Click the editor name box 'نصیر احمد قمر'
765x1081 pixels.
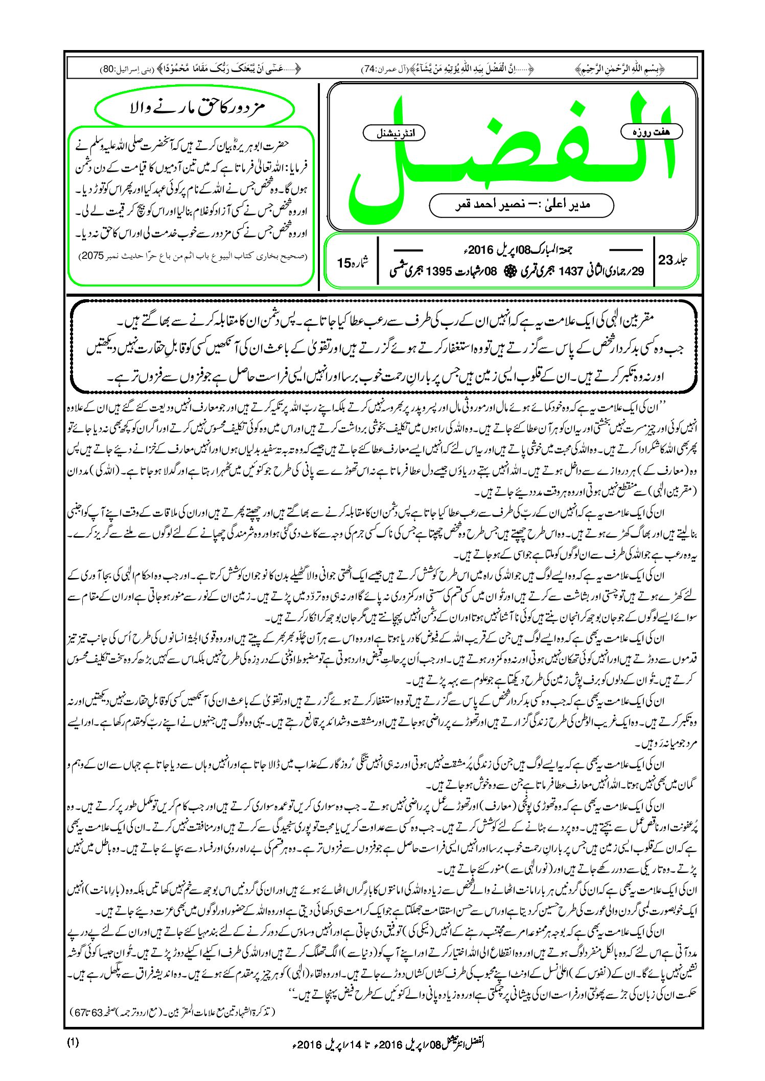521,205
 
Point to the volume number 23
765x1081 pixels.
666,260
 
